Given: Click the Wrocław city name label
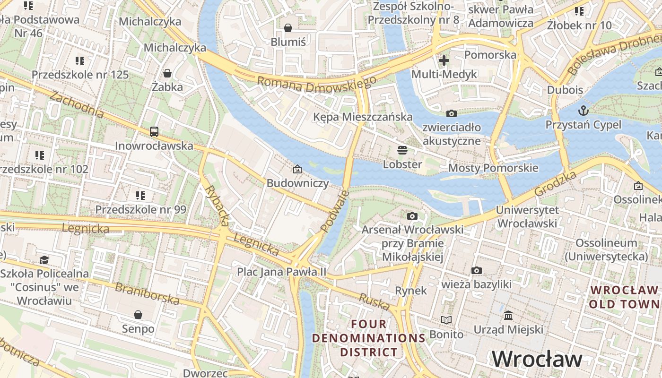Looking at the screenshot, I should click(x=537, y=359).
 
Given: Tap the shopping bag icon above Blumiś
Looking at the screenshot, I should click(x=288, y=28).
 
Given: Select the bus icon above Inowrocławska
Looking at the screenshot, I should click(x=154, y=132).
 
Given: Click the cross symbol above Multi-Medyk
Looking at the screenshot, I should click(x=444, y=60).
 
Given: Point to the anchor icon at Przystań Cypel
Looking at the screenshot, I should click(x=584, y=111).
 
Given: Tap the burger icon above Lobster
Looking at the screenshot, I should click(x=402, y=151).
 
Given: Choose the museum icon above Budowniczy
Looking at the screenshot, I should click(x=297, y=169).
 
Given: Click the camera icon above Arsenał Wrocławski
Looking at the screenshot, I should click(x=412, y=216).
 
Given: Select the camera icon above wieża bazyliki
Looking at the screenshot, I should click(x=477, y=271).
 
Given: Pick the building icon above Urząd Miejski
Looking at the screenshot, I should click(x=508, y=315).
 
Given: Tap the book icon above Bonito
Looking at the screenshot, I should click(x=446, y=320).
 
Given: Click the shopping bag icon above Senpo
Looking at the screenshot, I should click(x=138, y=315).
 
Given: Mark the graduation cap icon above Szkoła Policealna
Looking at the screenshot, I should click(x=44, y=260).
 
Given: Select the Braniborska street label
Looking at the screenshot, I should click(x=147, y=293).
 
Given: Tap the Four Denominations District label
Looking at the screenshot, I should click(x=369, y=338).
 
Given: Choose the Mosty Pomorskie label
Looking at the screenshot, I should click(x=493, y=168).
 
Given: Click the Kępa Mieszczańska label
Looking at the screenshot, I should click(x=363, y=117).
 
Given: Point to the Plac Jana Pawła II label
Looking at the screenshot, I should click(x=282, y=272).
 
